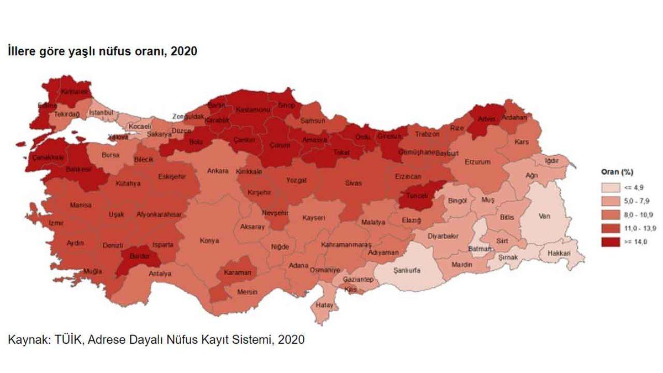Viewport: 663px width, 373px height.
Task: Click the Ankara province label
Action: point(218,171)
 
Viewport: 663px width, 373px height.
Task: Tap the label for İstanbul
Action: point(101,113)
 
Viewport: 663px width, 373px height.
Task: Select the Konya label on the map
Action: point(209,241)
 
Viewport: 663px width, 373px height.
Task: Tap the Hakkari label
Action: point(558,254)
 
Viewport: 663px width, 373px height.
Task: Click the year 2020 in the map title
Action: point(185,51)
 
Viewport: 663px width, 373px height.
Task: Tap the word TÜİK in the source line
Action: point(68,339)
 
